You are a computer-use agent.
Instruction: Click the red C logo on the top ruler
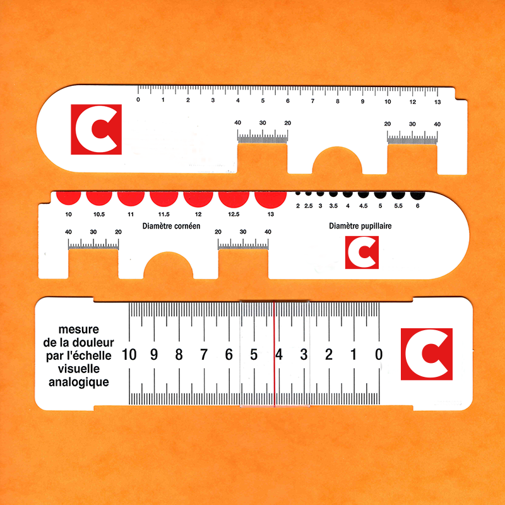[x=95, y=129]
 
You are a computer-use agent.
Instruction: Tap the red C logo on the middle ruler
[x=362, y=252]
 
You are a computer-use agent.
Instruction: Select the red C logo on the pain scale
[x=427, y=354]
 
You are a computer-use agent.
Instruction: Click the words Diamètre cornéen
[x=167, y=225]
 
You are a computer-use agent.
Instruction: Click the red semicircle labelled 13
[x=270, y=198]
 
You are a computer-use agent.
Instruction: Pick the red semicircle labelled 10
[x=68, y=197]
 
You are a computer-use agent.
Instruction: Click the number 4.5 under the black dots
[x=363, y=206]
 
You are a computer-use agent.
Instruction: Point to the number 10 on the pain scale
[x=129, y=355]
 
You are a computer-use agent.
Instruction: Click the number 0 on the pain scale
[x=378, y=355]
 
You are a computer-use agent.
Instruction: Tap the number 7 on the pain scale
[x=203, y=355]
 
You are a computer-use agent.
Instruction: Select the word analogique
[x=79, y=382]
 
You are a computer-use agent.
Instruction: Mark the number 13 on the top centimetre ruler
[x=437, y=101]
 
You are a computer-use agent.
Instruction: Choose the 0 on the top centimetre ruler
[x=138, y=100]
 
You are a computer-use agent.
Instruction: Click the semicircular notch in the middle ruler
[x=169, y=268]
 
